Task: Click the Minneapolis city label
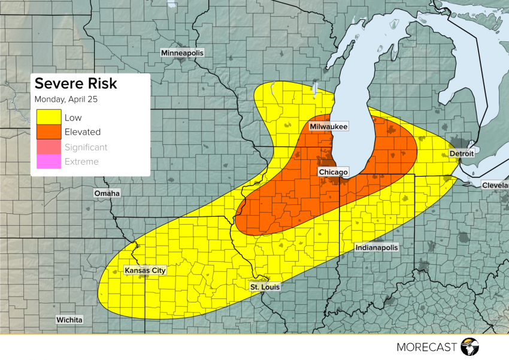182,53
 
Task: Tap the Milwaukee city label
329,127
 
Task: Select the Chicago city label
333,173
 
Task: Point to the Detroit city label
461,154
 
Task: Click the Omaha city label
107,193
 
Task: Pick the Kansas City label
144,271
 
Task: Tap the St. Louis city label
265,288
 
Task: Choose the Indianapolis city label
376,247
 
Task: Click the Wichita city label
69,320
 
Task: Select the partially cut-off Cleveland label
495,186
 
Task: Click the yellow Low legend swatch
49,117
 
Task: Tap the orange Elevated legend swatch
49,132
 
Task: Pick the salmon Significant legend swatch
49,147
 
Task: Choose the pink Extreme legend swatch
49,162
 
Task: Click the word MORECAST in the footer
426,347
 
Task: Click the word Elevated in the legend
82,132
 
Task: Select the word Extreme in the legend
81,162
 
